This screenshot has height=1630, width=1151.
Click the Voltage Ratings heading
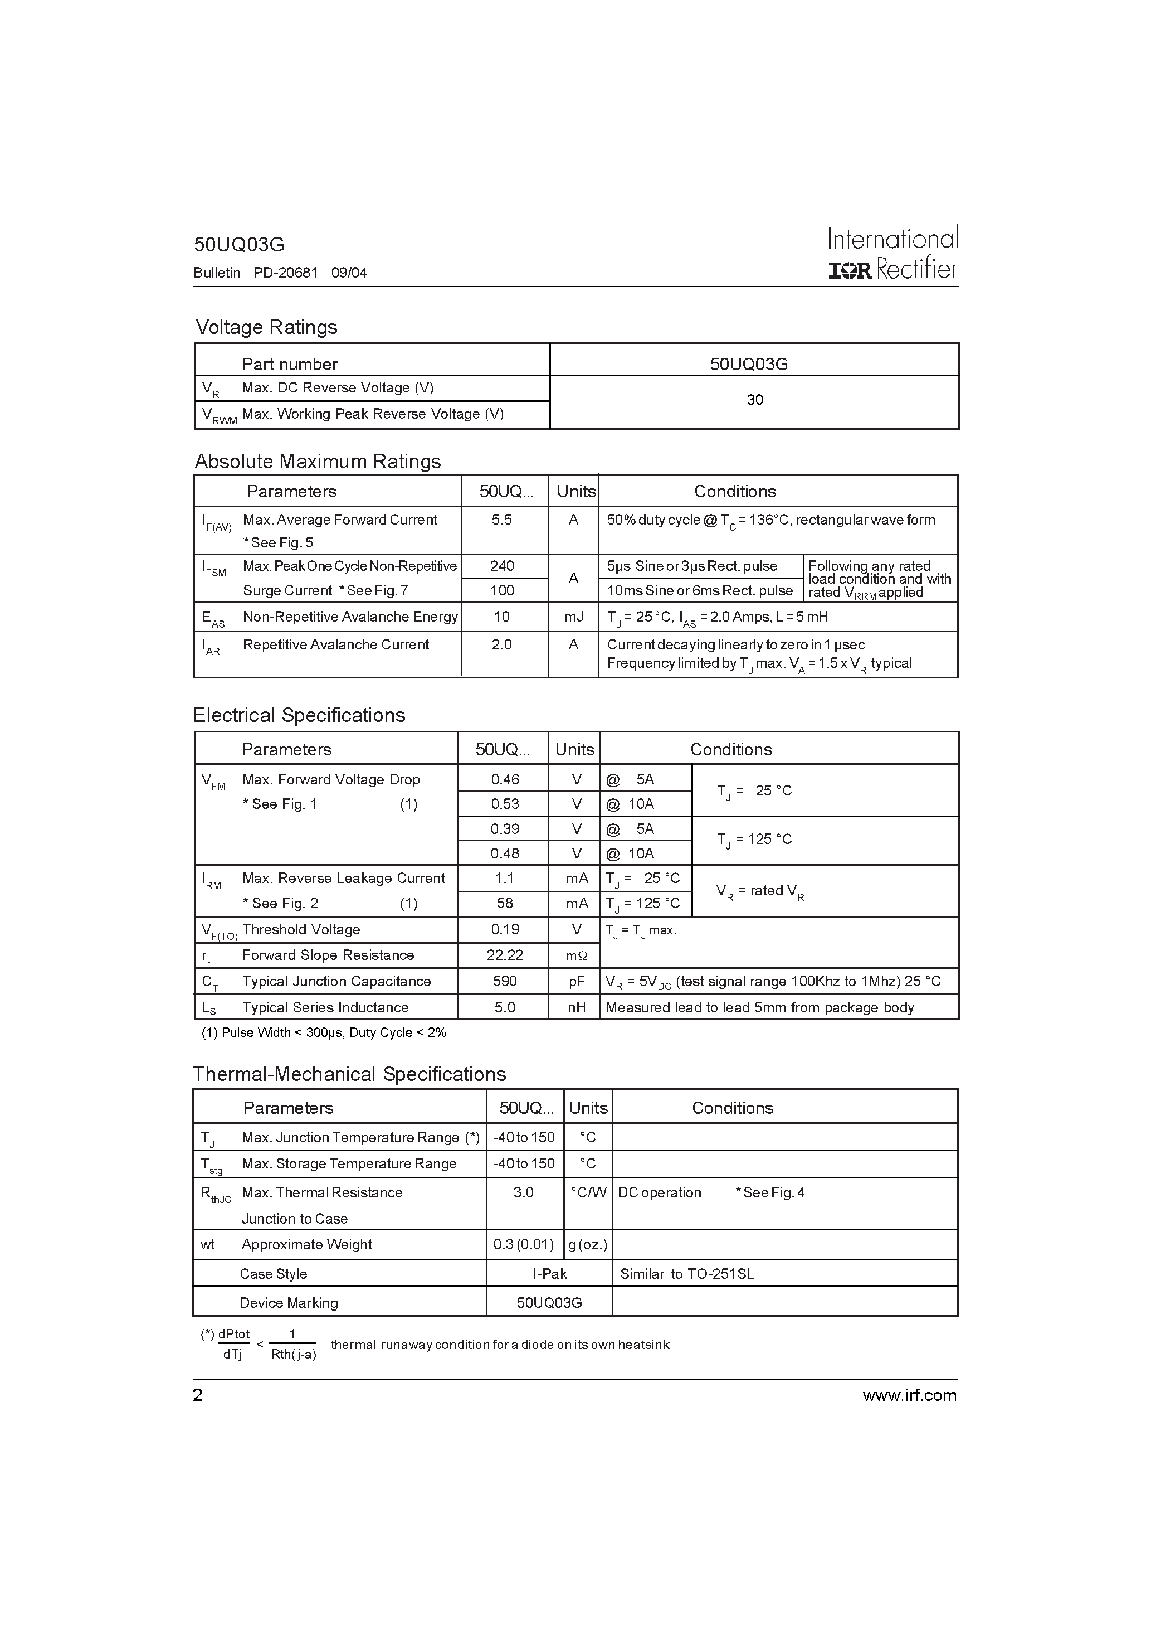point(266,327)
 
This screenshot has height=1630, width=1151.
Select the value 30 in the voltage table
point(754,400)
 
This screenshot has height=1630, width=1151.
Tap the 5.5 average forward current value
point(502,520)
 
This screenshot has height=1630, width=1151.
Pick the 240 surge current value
point(502,566)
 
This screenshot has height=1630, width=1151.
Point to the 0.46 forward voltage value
point(505,779)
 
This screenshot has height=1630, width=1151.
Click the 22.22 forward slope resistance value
point(505,955)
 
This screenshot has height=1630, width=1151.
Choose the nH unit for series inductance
point(576,1007)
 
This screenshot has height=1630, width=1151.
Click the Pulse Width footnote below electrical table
point(324,1033)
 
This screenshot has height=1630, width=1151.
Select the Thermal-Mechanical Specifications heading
point(349,1074)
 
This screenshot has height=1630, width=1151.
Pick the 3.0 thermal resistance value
point(523,1193)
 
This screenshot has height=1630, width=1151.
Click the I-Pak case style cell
point(549,1274)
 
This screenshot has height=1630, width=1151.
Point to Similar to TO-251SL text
point(686,1274)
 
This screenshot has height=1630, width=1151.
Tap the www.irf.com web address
point(909,1396)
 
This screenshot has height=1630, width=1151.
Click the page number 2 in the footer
point(198,1396)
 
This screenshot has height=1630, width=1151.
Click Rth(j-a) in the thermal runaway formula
point(293,1355)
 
